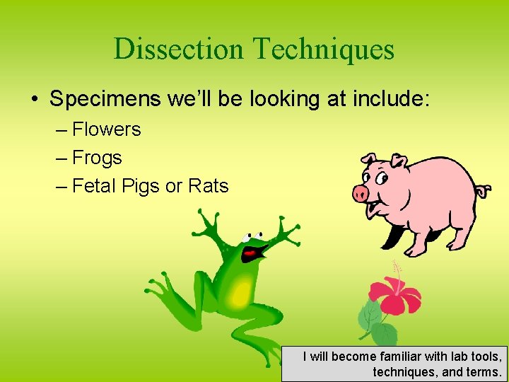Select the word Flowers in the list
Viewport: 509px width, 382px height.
click(x=107, y=129)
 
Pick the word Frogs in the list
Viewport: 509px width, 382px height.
click(x=98, y=158)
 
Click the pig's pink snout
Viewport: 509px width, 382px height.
click(x=361, y=193)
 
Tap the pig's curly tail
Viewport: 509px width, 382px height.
click(x=483, y=190)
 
